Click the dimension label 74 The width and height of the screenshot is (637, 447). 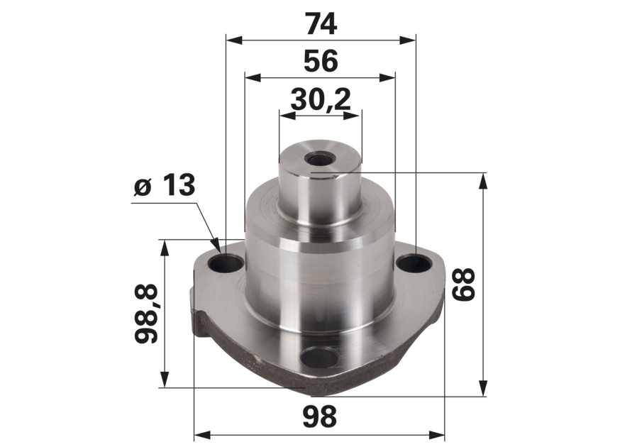321,24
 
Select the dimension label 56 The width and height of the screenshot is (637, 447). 321,61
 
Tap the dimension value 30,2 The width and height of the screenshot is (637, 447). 321,99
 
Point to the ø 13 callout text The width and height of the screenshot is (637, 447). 165,185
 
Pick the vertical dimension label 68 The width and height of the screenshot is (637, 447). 463,285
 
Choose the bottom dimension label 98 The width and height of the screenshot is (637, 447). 320,416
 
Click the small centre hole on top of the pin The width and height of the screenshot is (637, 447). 319,158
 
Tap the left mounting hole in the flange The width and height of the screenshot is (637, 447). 226,265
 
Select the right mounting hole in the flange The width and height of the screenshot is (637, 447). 414,264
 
